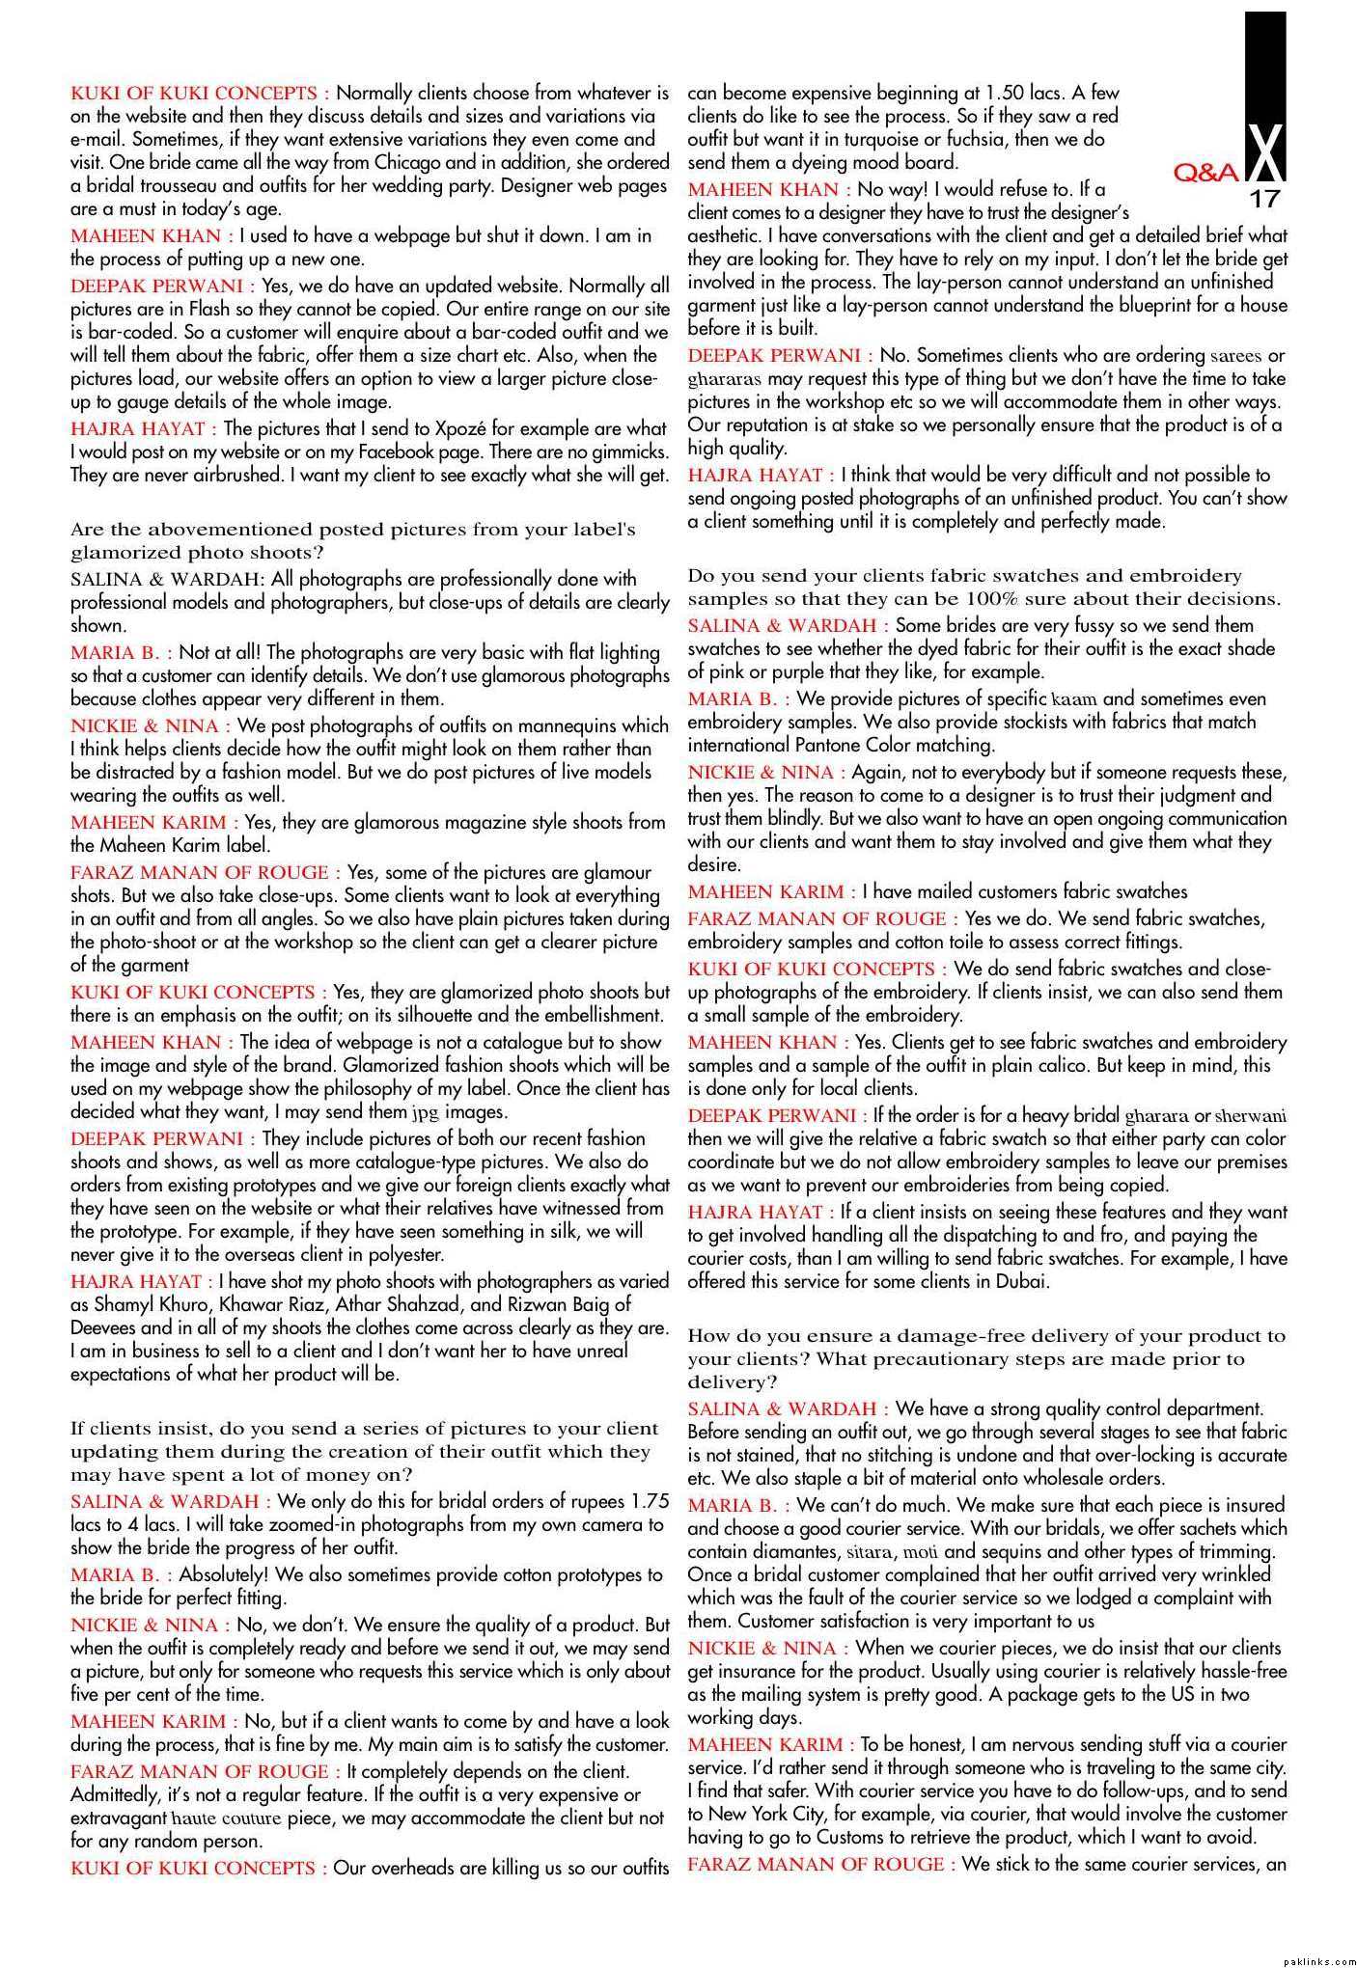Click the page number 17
1264,200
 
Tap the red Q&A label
1206,174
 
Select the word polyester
400,1254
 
